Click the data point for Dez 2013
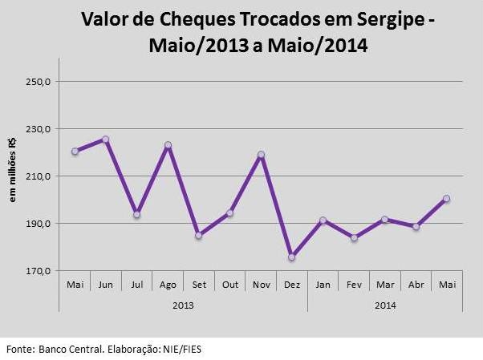[x=292, y=257]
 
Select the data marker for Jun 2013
[x=105, y=140]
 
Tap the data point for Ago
[x=168, y=145]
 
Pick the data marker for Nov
[x=261, y=155]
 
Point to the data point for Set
[x=199, y=236]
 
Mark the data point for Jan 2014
[x=323, y=220]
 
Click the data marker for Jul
[x=136, y=215]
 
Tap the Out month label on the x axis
[x=230, y=284]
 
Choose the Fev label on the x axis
[x=354, y=284]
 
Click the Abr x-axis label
[x=416, y=284]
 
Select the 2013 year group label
[x=183, y=305]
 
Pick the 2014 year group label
[x=385, y=305]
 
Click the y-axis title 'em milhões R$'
[x=14, y=171]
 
